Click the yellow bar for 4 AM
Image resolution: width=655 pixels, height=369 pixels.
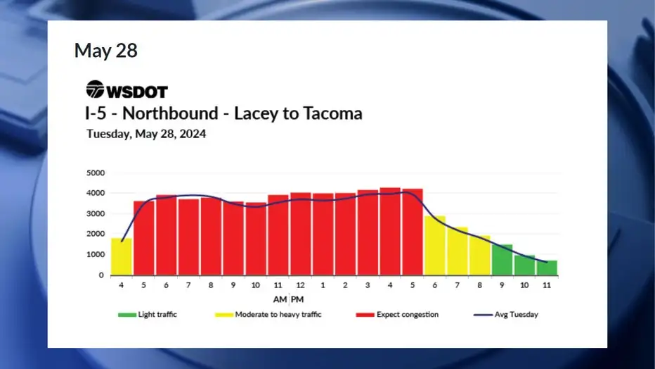click(x=122, y=257)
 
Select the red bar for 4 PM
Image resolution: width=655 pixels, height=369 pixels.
click(x=390, y=232)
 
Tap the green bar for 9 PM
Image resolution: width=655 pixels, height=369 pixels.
click(x=502, y=261)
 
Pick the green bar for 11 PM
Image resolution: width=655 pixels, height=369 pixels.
click(x=547, y=268)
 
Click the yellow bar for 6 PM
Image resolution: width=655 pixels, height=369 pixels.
click(x=435, y=246)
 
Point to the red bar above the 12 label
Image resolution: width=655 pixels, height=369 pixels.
click(x=300, y=234)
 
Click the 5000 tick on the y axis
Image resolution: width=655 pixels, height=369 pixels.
click(x=96, y=173)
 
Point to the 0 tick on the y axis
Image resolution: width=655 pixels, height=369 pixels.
click(x=101, y=275)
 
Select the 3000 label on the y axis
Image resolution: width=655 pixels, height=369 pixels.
click(x=96, y=214)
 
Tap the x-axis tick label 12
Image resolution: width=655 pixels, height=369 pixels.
click(x=300, y=285)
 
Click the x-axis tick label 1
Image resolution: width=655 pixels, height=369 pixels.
click(x=323, y=285)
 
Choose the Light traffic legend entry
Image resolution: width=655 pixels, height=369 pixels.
click(x=148, y=315)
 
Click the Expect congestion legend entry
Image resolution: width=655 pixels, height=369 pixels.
click(x=397, y=315)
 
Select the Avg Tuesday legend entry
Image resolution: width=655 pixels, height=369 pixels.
click(x=506, y=315)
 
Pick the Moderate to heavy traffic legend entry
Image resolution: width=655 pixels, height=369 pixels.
click(x=268, y=315)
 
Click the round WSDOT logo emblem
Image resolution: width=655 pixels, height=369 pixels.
click(x=96, y=89)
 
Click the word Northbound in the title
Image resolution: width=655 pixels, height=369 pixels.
click(x=170, y=113)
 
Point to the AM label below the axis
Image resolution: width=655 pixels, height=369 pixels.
click(x=280, y=299)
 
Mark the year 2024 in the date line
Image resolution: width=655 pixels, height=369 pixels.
click(x=193, y=134)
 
